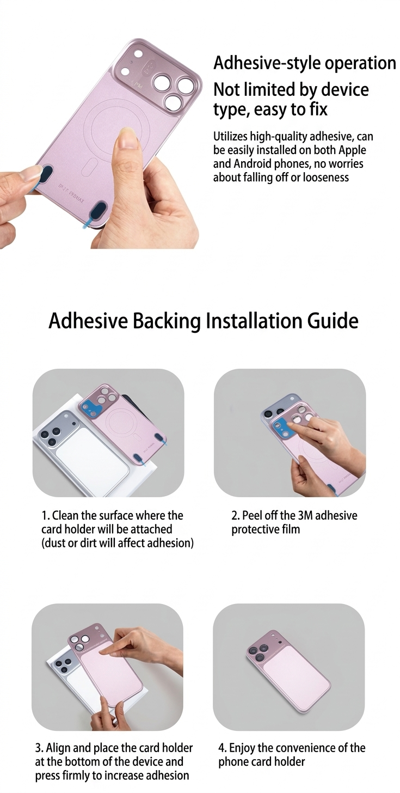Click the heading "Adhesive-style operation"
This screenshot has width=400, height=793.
[x=304, y=63]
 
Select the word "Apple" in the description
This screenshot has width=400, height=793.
[x=352, y=150]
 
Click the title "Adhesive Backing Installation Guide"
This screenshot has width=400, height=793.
[x=204, y=320]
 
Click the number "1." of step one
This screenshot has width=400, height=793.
[x=45, y=515]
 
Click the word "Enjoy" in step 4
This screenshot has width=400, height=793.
[x=242, y=748]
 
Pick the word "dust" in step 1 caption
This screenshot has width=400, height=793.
[x=54, y=542]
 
